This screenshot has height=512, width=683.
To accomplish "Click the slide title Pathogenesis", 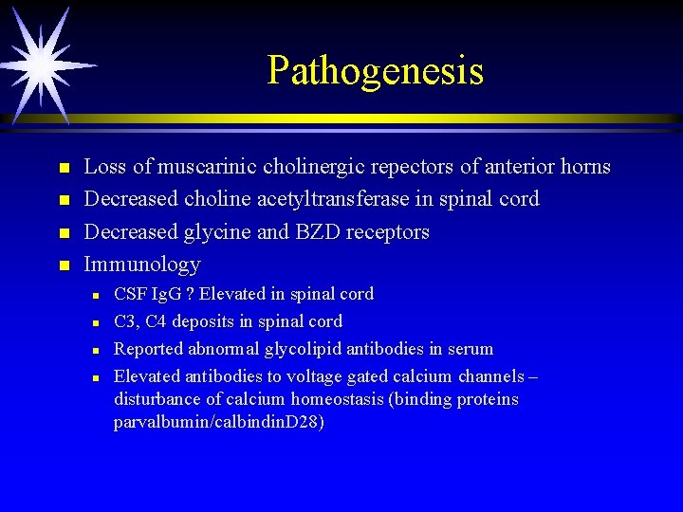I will click(375, 70).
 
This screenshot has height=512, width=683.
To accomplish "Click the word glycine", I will click(227, 231).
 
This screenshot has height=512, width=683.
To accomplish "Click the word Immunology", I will click(142, 264).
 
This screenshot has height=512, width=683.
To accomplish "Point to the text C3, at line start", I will click(127, 321).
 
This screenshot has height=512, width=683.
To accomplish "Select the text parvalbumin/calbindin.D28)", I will click(219, 422).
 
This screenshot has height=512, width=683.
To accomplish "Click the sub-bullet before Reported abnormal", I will click(96, 350).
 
